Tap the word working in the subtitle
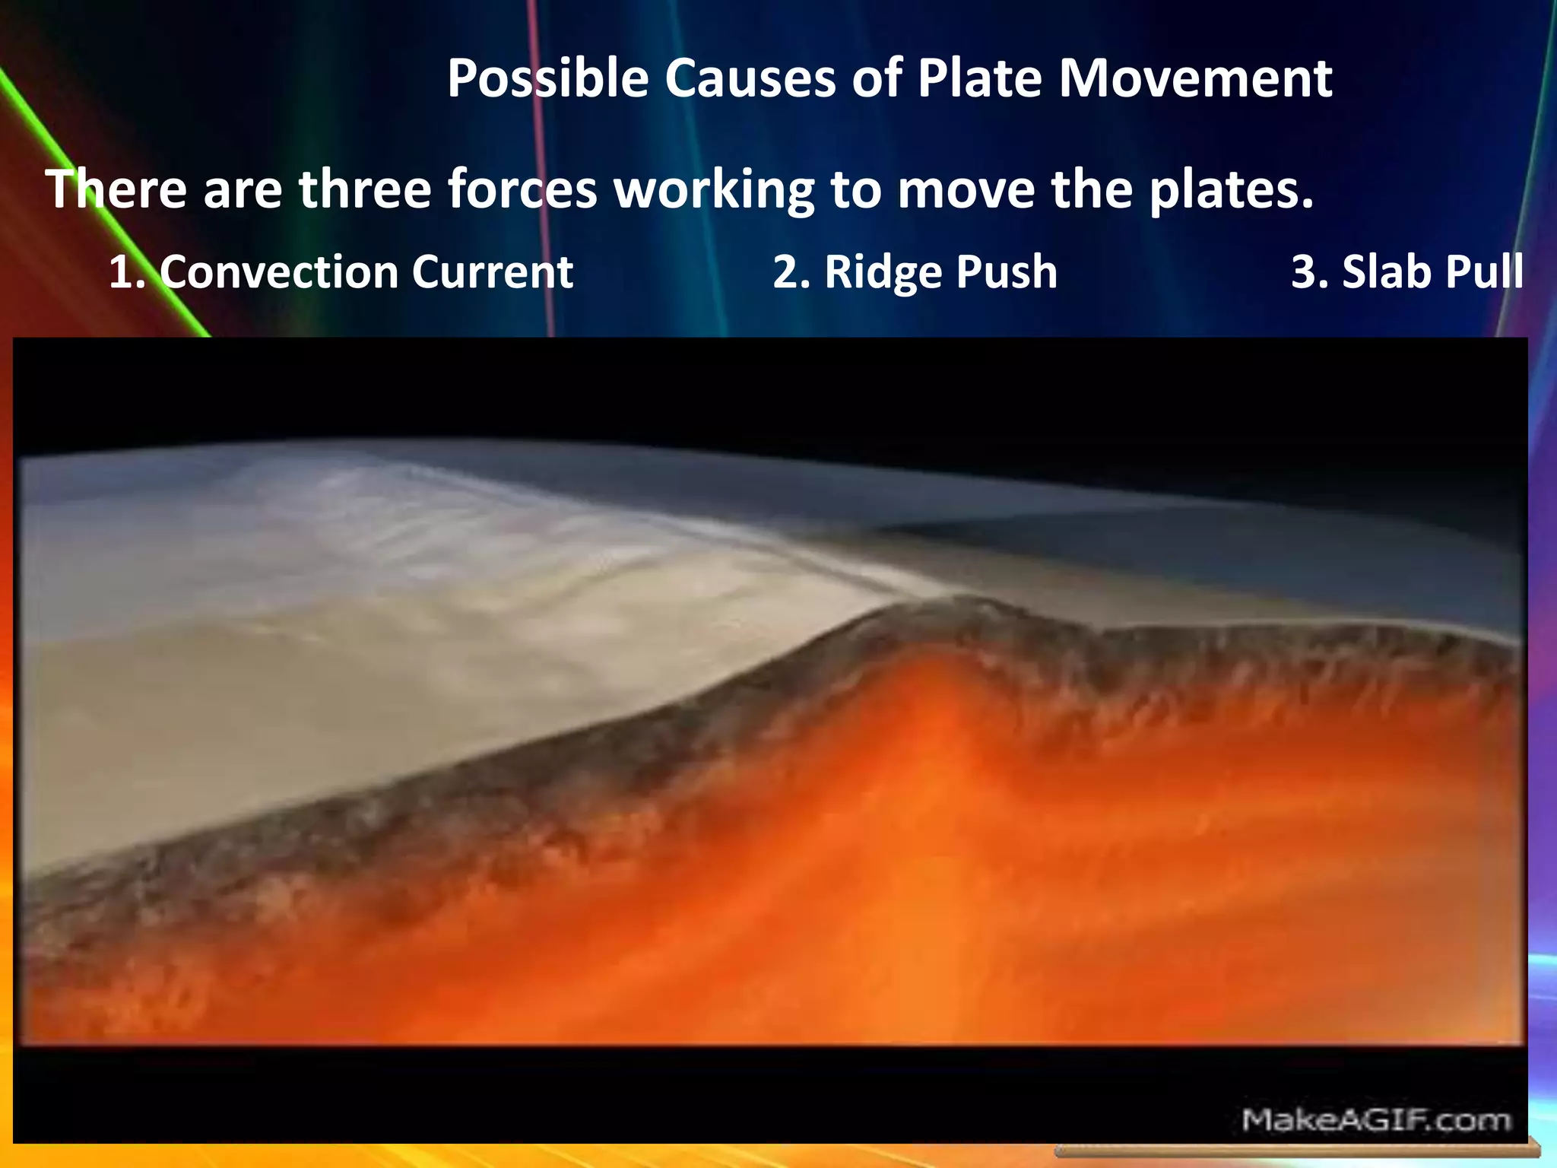(x=714, y=190)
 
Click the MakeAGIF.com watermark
(x=1375, y=1119)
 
